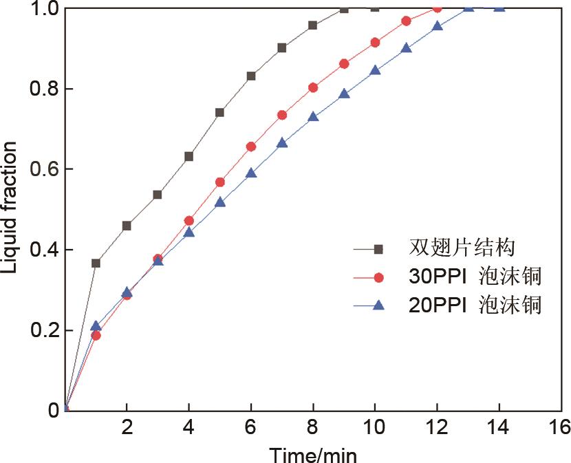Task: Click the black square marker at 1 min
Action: pyautogui.click(x=96, y=263)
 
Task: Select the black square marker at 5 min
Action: pyautogui.click(x=220, y=112)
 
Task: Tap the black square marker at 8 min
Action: pyautogui.click(x=313, y=25)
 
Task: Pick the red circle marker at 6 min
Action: pyautogui.click(x=251, y=147)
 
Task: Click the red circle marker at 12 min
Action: pyautogui.click(x=437, y=8)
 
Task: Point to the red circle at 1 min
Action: pyautogui.click(x=96, y=336)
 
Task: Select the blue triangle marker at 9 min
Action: pyautogui.click(x=344, y=94)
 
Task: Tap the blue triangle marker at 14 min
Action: pyautogui.click(x=499, y=8)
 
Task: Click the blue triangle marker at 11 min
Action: pyautogui.click(x=406, y=48)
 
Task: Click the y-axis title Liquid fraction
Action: pyautogui.click(x=10, y=206)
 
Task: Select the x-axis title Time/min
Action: pyautogui.click(x=313, y=454)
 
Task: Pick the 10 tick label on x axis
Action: pyautogui.click(x=375, y=428)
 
